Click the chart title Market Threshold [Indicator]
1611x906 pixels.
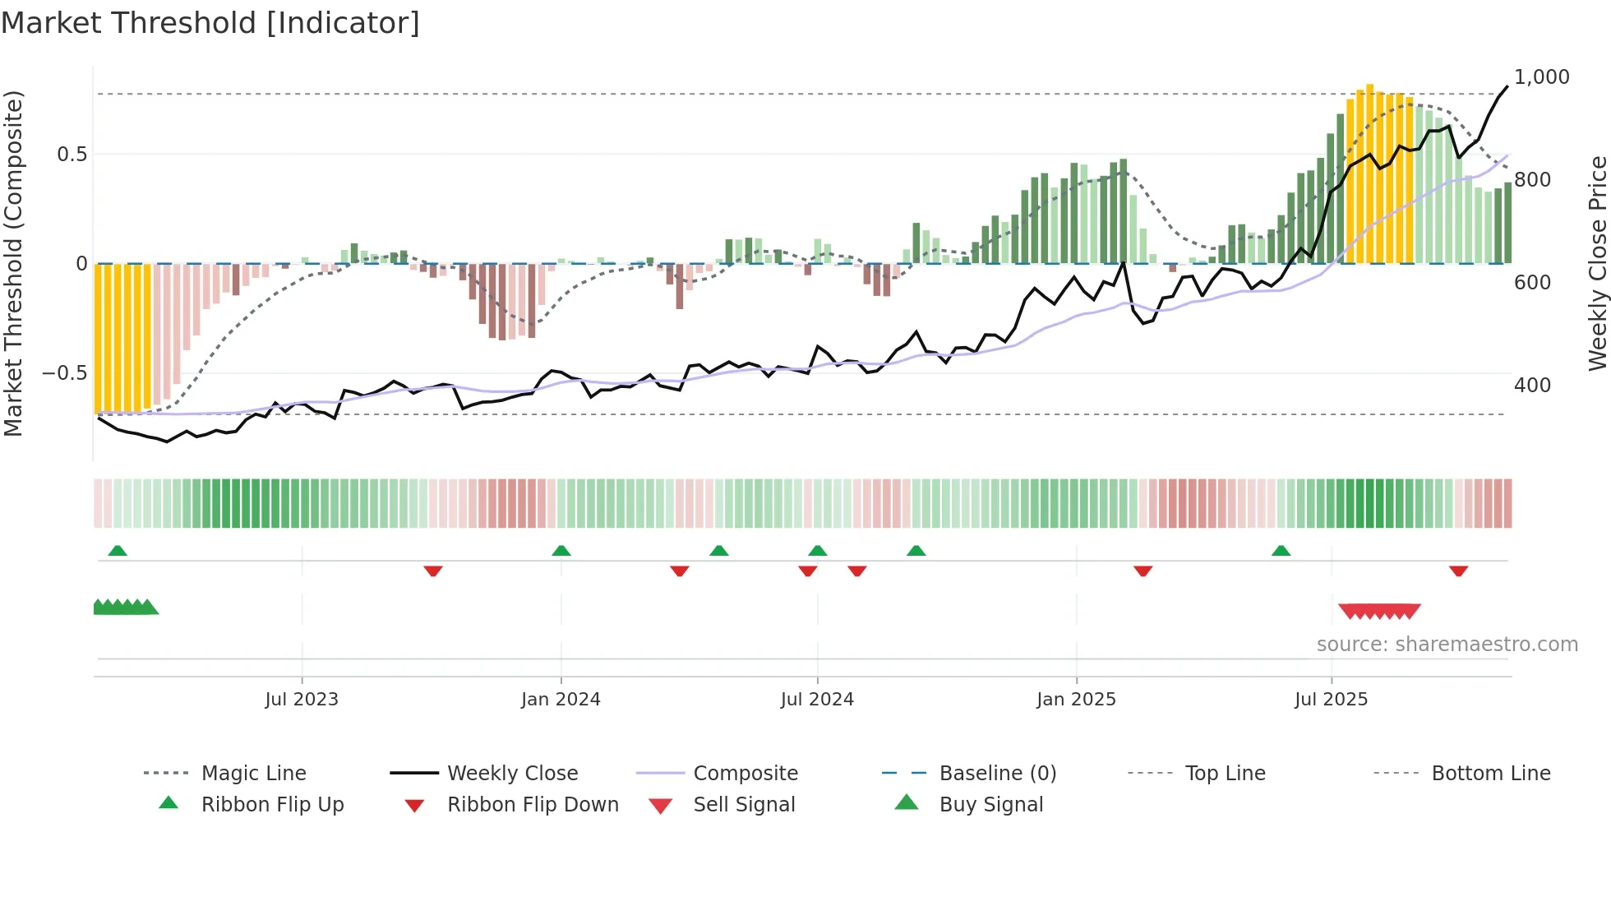point(210,23)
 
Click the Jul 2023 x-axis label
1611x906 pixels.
point(302,700)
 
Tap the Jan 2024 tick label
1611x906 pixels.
point(561,700)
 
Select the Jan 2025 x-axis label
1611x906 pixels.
point(1076,700)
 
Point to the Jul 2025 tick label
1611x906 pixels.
point(1331,700)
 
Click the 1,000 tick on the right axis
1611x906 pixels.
point(1541,77)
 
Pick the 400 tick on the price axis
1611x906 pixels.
point(1532,385)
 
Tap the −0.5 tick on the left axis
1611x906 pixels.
point(64,373)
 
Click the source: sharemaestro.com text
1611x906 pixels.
point(1447,645)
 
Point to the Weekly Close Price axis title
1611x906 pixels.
point(1597,263)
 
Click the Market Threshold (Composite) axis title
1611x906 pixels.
point(13,263)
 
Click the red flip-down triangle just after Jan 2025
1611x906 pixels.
point(1142,571)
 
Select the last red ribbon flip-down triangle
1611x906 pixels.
point(1458,571)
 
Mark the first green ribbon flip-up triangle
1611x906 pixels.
point(118,551)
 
